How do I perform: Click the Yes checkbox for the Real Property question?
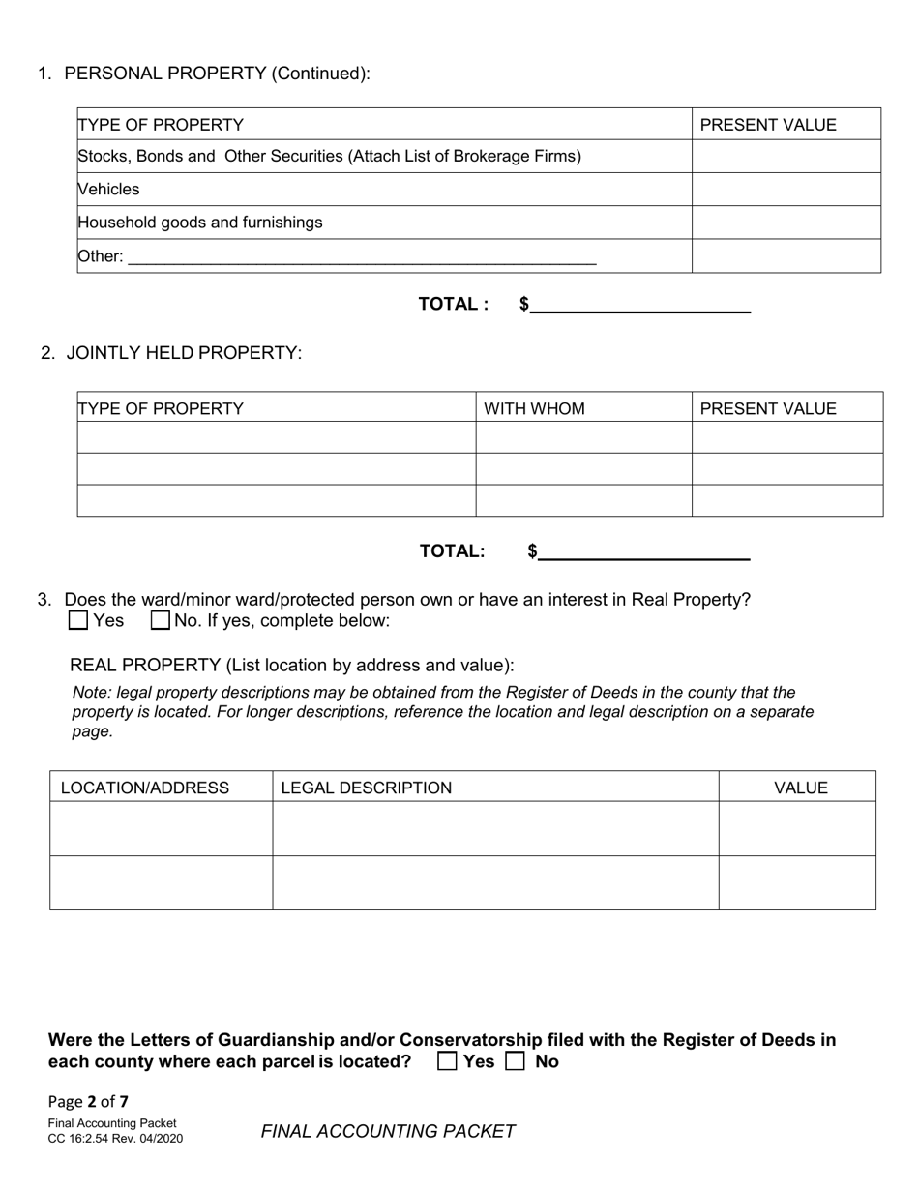point(79,621)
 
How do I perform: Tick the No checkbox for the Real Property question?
point(161,621)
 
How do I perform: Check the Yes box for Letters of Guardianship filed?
point(447,1061)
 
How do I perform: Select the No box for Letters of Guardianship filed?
point(516,1061)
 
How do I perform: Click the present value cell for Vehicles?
point(786,190)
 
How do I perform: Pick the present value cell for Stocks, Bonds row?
point(786,157)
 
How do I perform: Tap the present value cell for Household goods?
point(786,223)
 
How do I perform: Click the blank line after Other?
point(362,257)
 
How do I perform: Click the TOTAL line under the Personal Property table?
point(640,305)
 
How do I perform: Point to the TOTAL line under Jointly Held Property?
point(644,552)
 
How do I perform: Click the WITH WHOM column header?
point(534,408)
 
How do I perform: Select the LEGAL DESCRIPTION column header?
point(366,788)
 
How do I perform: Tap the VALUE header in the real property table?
point(801,788)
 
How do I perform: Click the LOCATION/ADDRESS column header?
point(145,788)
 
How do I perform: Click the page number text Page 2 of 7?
point(88,1101)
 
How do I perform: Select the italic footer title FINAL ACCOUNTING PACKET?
point(388,1131)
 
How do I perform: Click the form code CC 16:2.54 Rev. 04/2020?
point(115,1138)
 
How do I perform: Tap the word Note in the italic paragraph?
point(91,693)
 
